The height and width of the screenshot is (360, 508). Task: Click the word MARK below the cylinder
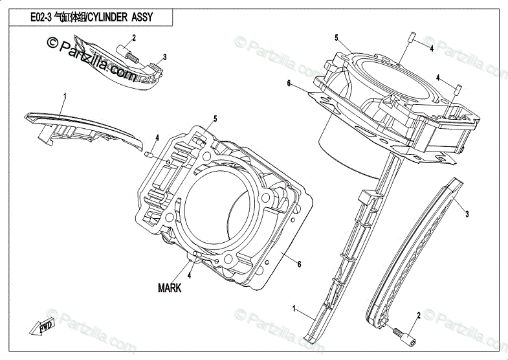tap(170, 288)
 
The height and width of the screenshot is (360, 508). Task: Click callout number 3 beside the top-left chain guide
tap(165, 57)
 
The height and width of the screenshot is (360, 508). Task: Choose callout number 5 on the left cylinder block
tap(215, 118)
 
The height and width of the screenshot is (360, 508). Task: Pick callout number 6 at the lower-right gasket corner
tap(300, 264)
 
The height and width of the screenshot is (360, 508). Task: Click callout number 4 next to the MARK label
tap(190, 275)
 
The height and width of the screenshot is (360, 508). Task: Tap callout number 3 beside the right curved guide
tap(467, 214)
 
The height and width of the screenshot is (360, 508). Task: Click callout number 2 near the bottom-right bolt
tap(419, 315)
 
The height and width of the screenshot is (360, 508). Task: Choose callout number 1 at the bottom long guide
tap(294, 308)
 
